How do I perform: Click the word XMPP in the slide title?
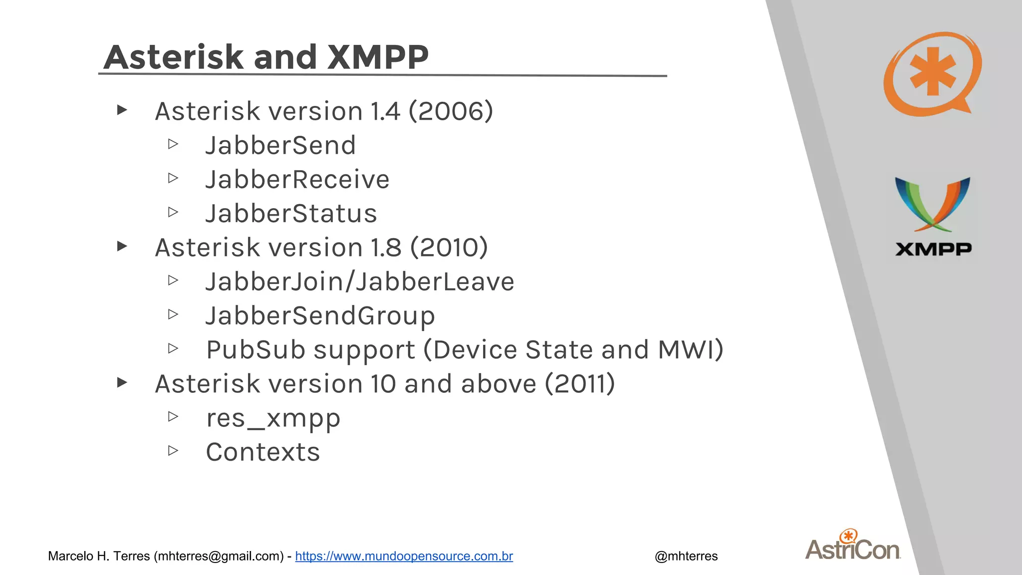pos(378,57)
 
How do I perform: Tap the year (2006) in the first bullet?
pos(451,111)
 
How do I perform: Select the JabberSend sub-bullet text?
pos(280,145)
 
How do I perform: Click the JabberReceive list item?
pos(297,179)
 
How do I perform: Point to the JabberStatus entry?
pos(291,214)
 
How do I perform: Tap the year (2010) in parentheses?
pos(449,248)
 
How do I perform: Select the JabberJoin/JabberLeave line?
pos(360,282)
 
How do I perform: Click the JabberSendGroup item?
pos(320,316)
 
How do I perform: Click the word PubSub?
pos(255,350)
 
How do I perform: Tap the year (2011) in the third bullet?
pos(579,384)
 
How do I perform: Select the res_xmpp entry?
pos(273,418)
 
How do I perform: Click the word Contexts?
pos(263,452)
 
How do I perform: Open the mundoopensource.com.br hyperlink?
pos(404,556)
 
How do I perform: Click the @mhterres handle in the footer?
pos(686,556)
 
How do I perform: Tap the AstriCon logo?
pos(852,547)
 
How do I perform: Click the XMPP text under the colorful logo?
pos(933,249)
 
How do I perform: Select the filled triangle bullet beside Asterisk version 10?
pos(122,383)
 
